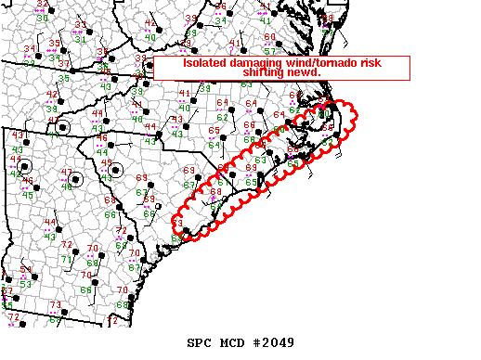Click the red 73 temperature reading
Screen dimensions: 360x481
point(55,304)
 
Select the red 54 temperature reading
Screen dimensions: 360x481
point(26,270)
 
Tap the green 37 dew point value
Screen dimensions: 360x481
point(64,63)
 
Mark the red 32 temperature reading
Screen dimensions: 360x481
point(42,5)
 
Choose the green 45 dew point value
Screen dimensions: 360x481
point(27,194)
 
